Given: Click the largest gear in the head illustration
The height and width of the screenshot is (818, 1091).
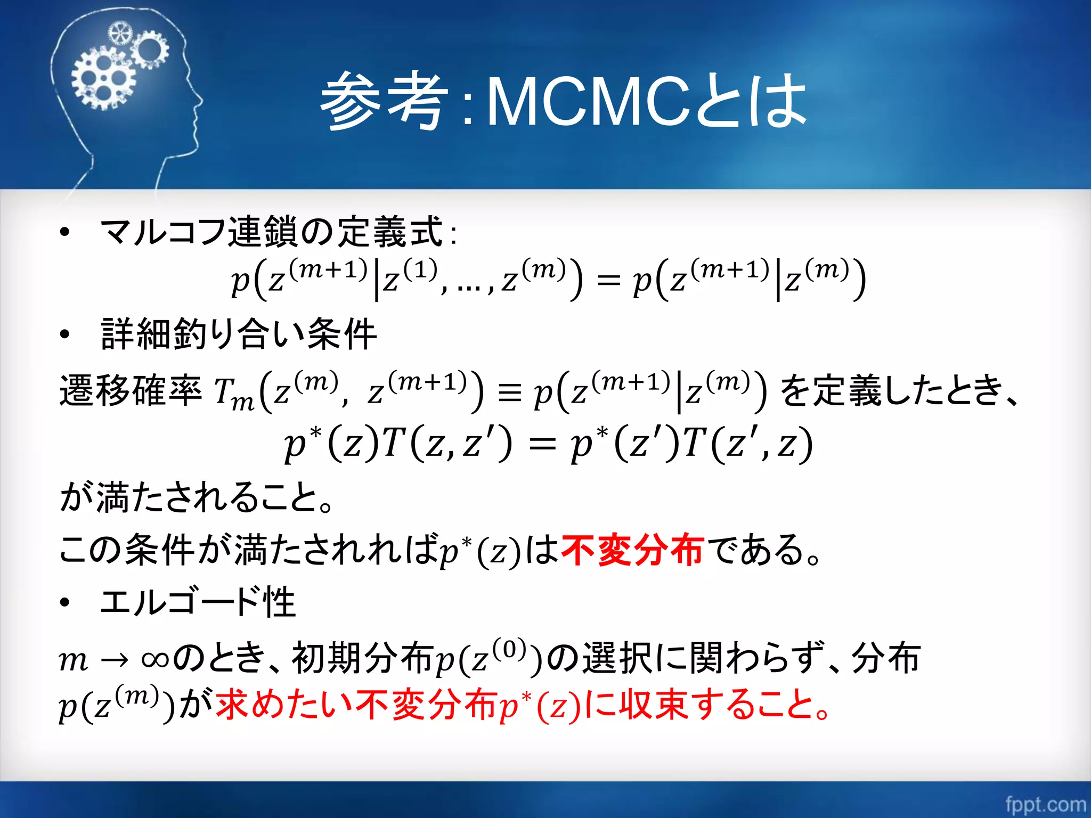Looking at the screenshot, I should [103, 78].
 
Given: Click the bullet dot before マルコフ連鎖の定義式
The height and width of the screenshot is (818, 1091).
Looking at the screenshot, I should [65, 232].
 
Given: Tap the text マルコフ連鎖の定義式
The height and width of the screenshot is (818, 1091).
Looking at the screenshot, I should [272, 232].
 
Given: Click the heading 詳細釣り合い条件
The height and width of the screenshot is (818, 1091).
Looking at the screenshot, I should [239, 334].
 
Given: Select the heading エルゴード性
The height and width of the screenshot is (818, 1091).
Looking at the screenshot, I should [197, 602].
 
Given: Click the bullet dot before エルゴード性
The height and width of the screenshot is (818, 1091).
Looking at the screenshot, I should [65, 603].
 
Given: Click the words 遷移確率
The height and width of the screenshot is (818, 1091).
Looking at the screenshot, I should [131, 390].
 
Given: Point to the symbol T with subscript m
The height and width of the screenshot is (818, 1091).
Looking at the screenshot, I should [233, 394].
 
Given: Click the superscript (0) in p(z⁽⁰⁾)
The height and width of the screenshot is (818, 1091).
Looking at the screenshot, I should [509, 649].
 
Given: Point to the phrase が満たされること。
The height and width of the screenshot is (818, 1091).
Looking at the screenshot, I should [197, 496].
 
